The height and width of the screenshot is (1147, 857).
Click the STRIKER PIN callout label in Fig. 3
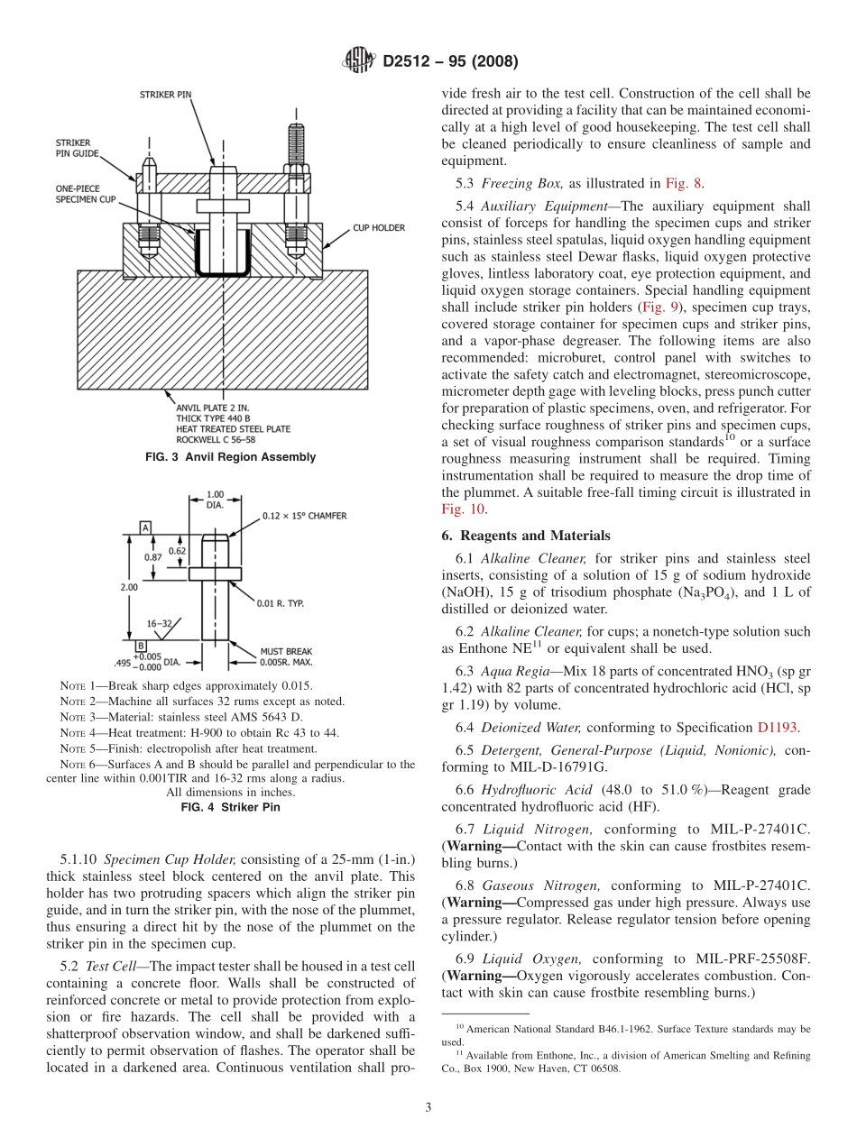(165, 94)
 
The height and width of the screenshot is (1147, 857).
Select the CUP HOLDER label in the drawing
(378, 228)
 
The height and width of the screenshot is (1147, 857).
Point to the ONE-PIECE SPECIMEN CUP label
(86, 193)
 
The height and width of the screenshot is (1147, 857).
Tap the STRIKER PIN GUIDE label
(73, 148)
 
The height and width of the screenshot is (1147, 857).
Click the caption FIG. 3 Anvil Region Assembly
(230, 457)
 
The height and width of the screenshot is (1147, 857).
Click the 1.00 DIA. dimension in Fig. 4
(215, 500)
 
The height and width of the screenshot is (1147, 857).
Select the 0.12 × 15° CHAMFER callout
(305, 516)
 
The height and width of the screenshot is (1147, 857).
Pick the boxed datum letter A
(144, 527)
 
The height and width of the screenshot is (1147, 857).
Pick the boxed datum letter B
(141, 646)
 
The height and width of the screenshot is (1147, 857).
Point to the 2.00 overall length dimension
(129, 586)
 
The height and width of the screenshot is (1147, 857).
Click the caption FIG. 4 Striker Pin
(230, 807)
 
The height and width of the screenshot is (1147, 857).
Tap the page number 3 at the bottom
(428, 1106)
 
